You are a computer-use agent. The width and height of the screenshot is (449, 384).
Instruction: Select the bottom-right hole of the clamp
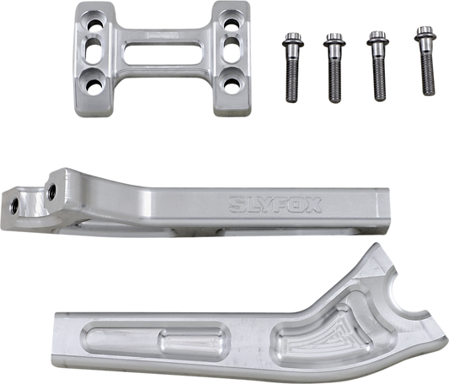coord(228,82)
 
